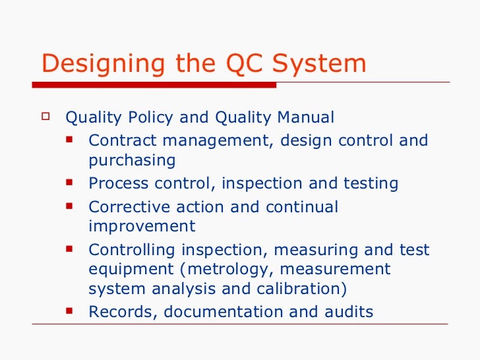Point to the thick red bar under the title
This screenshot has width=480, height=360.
coord(158,84)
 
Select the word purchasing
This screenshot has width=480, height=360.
coord(132,161)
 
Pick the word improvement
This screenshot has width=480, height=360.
coord(142,227)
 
